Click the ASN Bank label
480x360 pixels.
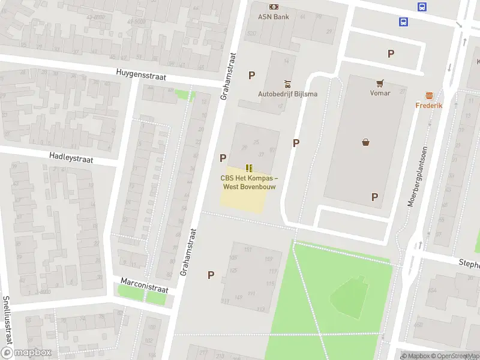click(x=273, y=17)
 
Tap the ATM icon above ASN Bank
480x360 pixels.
click(x=273, y=7)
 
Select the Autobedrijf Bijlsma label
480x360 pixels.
click(x=288, y=94)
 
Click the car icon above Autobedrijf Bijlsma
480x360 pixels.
click(x=287, y=83)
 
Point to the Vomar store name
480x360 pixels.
click(x=380, y=93)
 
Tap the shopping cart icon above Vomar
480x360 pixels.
click(x=380, y=83)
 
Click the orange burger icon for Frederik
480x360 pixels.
click(x=429, y=95)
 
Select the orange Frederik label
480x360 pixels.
click(x=429, y=106)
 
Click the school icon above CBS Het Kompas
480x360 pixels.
click(x=249, y=168)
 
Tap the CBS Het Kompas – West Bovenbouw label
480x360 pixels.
click(x=249, y=182)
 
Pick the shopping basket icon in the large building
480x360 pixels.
click(x=365, y=142)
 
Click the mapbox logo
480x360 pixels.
click(x=25, y=353)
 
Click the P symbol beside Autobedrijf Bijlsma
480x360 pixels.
click(x=252, y=75)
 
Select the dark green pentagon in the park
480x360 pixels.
click(x=350, y=297)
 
